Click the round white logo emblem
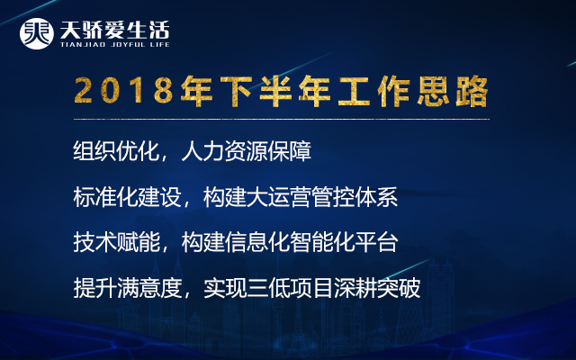(36, 33)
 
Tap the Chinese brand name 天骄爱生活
(114, 30)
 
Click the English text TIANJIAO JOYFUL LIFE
(114, 45)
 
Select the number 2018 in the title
(123, 91)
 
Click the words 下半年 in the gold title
(256, 91)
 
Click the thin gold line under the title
(282, 119)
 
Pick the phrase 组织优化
(116, 151)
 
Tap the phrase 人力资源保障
(246, 151)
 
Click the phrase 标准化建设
(127, 197)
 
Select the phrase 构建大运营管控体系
(301, 197)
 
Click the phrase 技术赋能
(116, 242)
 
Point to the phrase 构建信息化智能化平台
(290, 242)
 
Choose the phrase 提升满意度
(127, 288)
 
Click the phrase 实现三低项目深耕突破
(311, 288)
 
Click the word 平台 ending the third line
(376, 242)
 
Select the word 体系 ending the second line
(376, 197)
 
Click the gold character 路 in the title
(472, 91)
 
